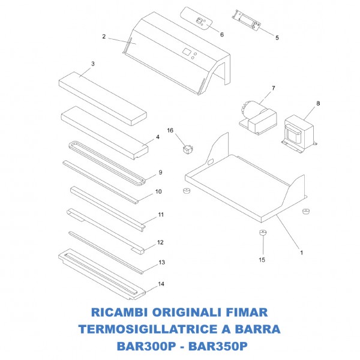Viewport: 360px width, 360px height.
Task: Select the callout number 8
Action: pyautogui.click(x=318, y=103)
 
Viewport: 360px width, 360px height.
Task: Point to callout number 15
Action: pyautogui.click(x=261, y=260)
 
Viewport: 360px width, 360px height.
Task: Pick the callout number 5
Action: pyautogui.click(x=277, y=38)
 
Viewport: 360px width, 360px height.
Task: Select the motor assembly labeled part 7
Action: pyautogui.click(x=255, y=114)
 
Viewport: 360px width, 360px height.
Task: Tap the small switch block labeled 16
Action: pyautogui.click(x=187, y=146)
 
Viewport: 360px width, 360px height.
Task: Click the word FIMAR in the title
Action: pyautogui.click(x=244, y=313)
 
